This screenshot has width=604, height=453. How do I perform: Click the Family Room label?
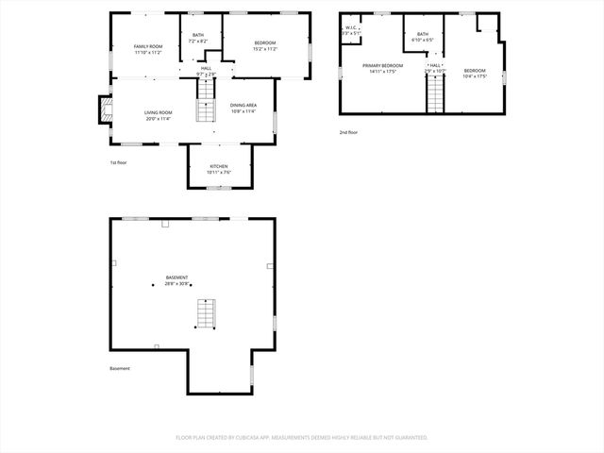pyautogui.click(x=148, y=49)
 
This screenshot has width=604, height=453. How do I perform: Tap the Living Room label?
pyautogui.click(x=158, y=115)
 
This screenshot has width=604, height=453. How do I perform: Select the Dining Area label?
pyautogui.click(x=243, y=108)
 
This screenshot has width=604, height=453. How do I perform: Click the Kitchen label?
pyautogui.click(x=219, y=169)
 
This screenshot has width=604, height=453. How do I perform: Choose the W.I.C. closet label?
pyautogui.click(x=350, y=30)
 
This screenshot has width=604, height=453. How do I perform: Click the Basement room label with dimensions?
pyautogui.click(x=177, y=280)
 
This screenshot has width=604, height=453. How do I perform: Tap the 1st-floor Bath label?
pyautogui.click(x=198, y=39)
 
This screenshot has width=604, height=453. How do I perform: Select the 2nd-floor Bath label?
pyautogui.click(x=423, y=37)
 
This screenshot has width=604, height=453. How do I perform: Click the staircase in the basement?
pyautogui.click(x=206, y=313)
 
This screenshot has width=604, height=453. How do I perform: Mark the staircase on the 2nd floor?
pyautogui.click(x=435, y=92)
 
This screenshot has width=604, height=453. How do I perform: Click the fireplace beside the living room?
pyautogui.click(x=102, y=112)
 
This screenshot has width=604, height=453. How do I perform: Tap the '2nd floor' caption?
pyautogui.click(x=348, y=132)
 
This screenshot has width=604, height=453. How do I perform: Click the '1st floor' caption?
pyautogui.click(x=118, y=162)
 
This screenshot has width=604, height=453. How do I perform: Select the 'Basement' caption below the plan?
pyautogui.click(x=120, y=368)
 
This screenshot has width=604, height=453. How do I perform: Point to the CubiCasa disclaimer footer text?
pyautogui.click(x=302, y=438)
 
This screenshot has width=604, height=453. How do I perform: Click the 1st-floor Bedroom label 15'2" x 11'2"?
pyautogui.click(x=264, y=45)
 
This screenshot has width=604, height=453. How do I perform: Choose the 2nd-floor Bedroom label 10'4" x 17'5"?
pyautogui.click(x=475, y=74)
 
